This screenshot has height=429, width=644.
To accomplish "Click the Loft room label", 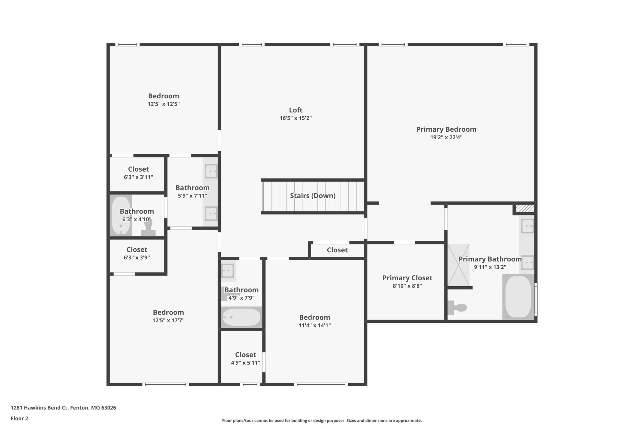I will click(x=296, y=110).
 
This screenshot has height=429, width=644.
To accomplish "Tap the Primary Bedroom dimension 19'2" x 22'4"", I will click(x=446, y=137).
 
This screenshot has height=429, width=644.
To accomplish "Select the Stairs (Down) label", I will click(x=313, y=196).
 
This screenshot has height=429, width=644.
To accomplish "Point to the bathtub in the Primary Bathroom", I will click(x=518, y=297).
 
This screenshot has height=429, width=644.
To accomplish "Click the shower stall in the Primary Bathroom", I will click(x=458, y=265).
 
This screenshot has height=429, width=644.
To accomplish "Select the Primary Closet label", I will click(x=407, y=278).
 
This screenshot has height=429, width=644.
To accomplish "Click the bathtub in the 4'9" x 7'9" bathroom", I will click(x=241, y=317).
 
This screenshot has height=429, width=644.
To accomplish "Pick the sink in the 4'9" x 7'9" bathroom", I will click(x=228, y=271).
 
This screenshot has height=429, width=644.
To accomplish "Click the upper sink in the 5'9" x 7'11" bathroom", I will click(x=211, y=171).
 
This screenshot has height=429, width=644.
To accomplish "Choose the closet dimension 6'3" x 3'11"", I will click(x=138, y=177).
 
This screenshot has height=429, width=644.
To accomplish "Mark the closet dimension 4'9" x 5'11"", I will click(x=245, y=363).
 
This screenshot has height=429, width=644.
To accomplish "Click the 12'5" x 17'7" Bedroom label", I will click(x=168, y=312).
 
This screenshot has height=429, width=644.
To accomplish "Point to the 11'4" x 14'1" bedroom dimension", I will click(x=314, y=326).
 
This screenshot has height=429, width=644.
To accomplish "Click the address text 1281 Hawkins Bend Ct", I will click(x=39, y=408).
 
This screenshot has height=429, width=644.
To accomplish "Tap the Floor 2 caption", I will click(x=19, y=418).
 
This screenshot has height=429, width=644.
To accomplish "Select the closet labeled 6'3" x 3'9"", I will click(x=137, y=253).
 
